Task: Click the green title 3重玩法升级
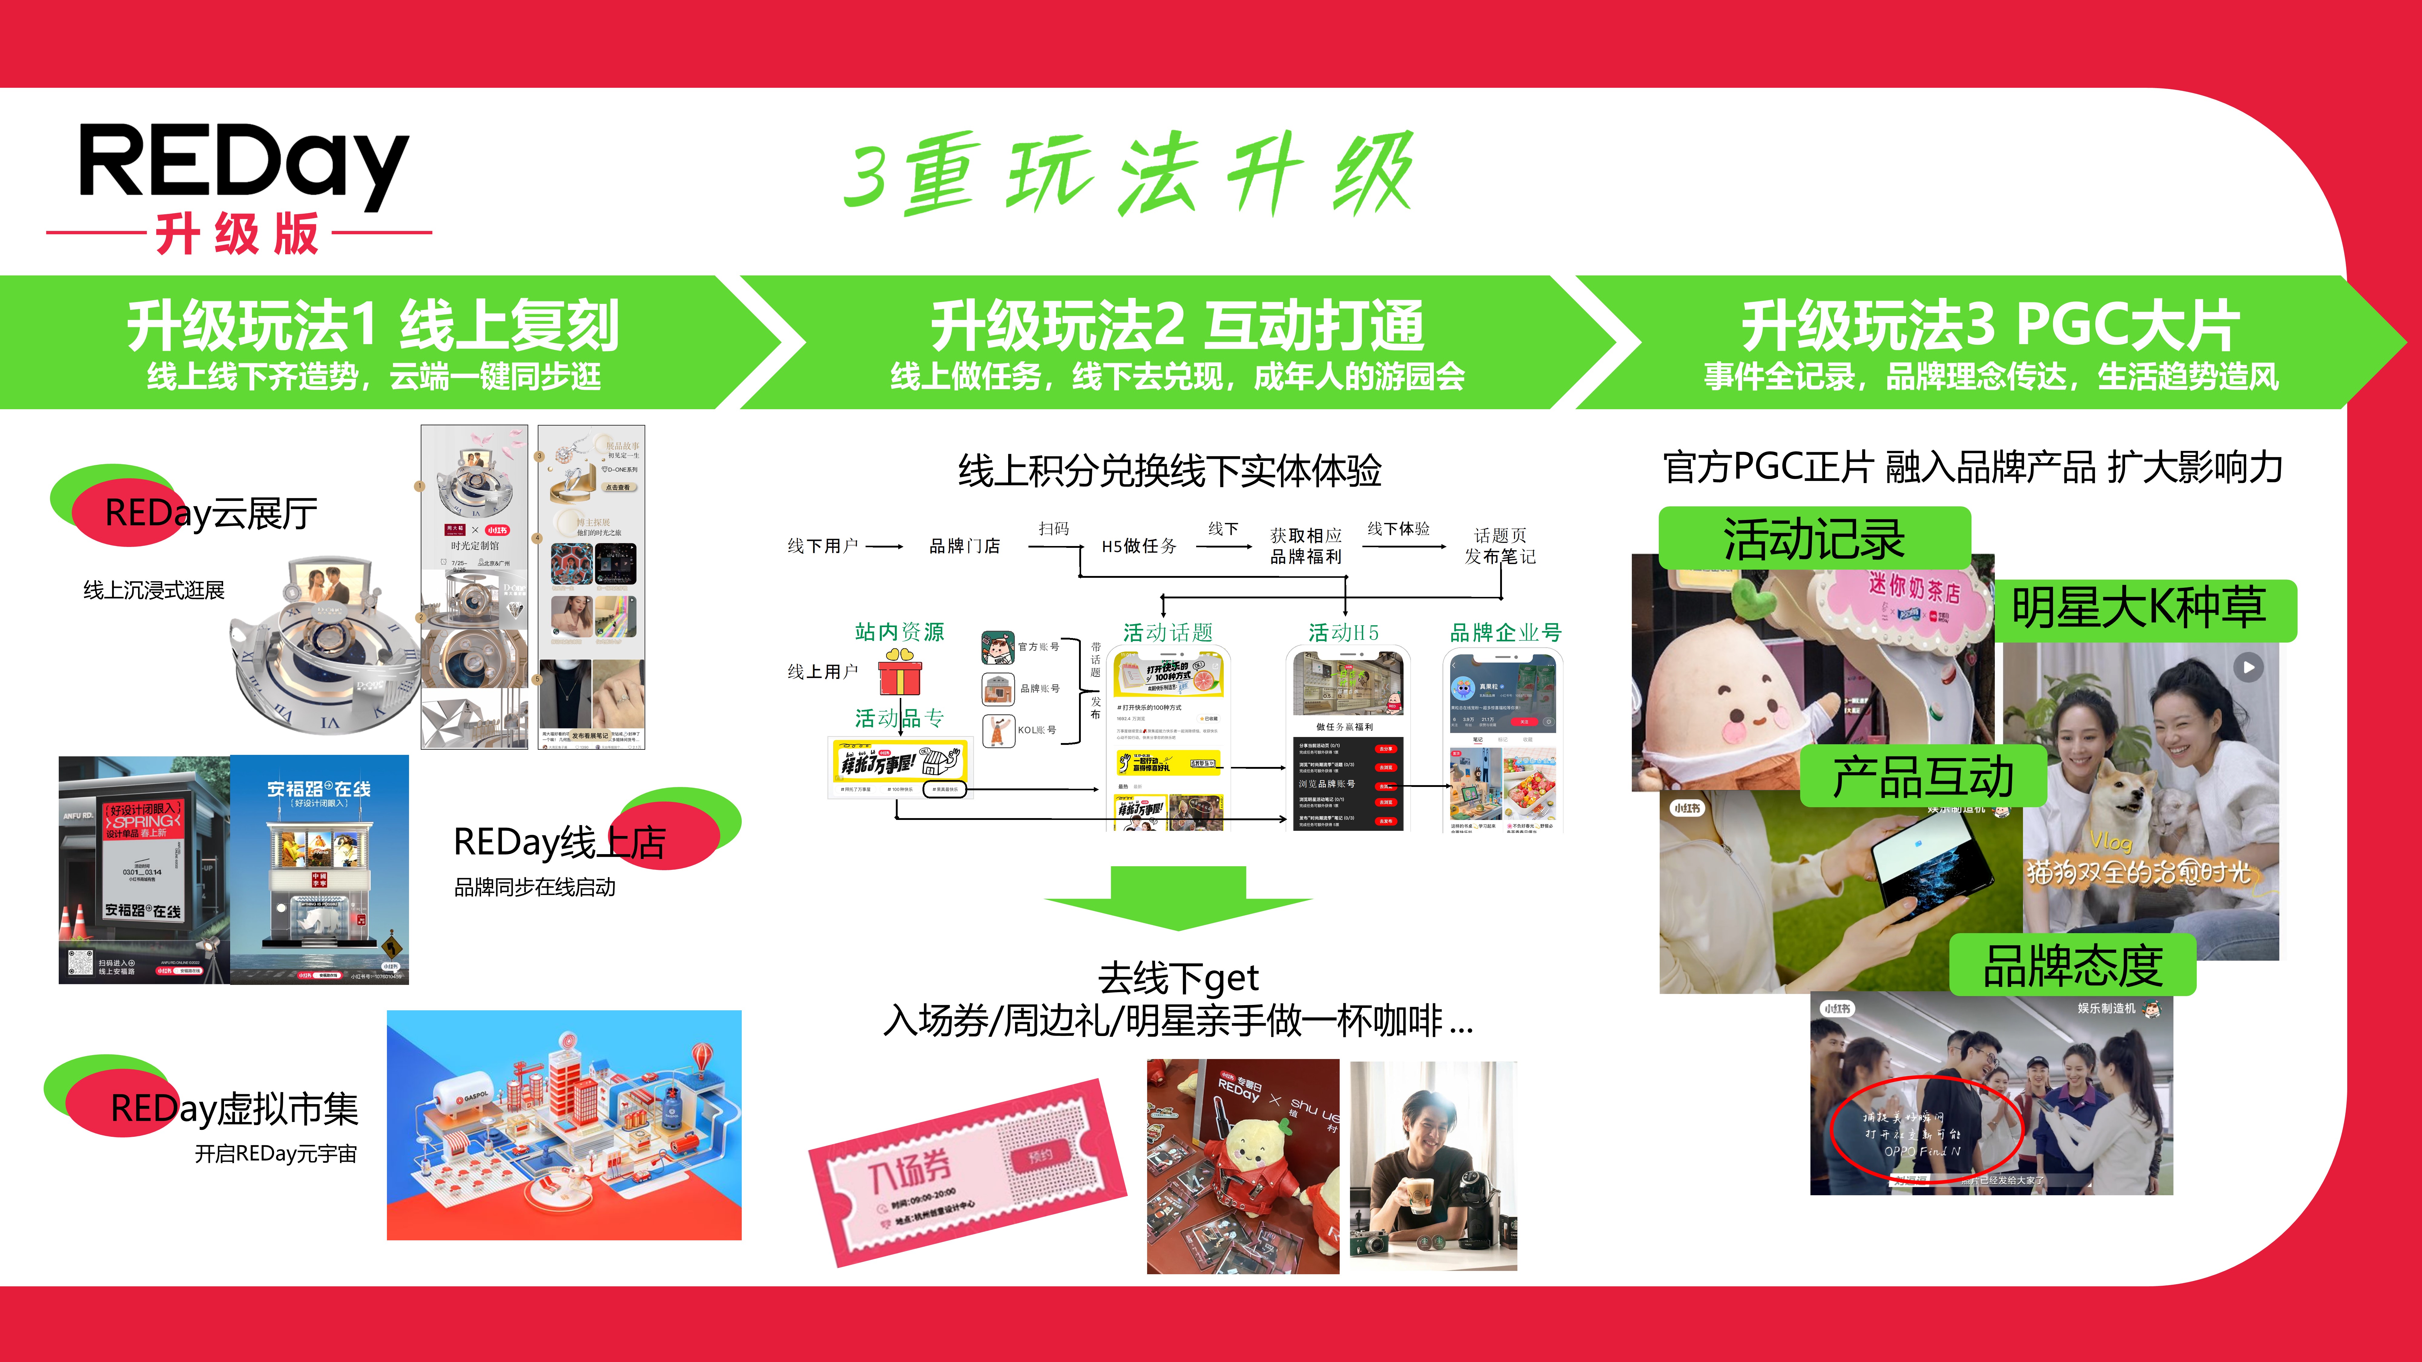[1128, 174]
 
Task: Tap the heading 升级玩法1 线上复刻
[373, 325]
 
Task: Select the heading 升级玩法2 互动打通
[1177, 325]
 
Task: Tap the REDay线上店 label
[559, 841]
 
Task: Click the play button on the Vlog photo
[2248, 667]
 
